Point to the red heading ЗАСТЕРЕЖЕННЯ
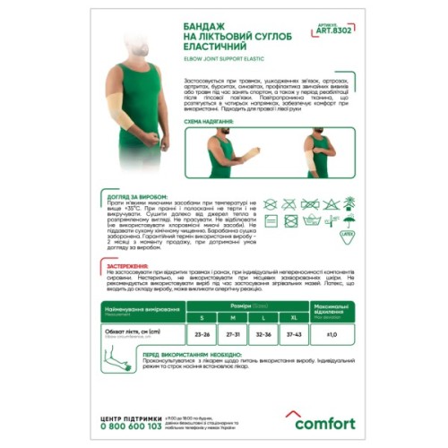pyautogui.click(x=131, y=267)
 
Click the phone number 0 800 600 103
pyautogui.click(x=135, y=428)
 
